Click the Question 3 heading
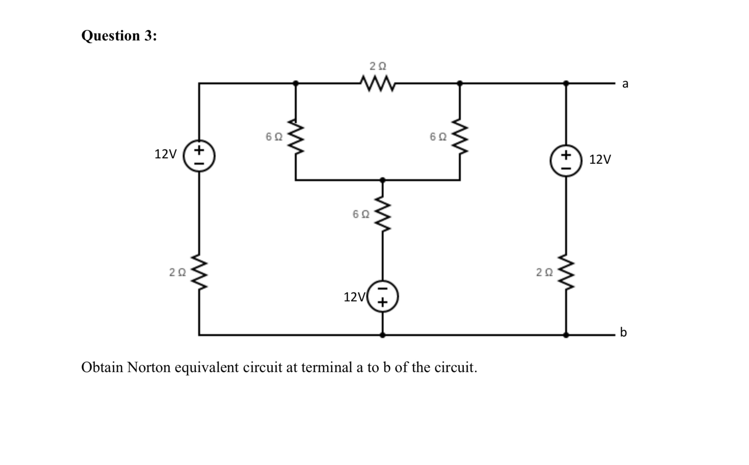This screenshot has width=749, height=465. point(119,36)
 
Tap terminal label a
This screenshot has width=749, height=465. point(625,83)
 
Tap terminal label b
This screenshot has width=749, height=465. point(623,332)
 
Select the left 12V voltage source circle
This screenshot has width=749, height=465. point(199,156)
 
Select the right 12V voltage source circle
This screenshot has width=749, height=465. point(566,161)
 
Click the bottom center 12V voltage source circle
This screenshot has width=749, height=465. point(383,296)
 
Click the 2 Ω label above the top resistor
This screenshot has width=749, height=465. point(378,66)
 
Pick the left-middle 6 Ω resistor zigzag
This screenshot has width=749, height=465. point(295,136)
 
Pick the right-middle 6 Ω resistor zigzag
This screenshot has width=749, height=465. point(459,136)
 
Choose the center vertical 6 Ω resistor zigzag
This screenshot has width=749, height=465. point(383,214)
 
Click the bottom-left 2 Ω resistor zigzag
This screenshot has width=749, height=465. point(199,272)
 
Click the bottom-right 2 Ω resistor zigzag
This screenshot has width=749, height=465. point(566,272)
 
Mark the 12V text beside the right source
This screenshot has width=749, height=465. point(600,159)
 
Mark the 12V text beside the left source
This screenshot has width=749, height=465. point(165,154)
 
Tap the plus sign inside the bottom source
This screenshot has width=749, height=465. point(382,302)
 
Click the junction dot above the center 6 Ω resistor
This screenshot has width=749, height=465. point(383,180)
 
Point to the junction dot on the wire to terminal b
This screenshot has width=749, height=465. point(566,335)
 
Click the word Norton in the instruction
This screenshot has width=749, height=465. point(149,367)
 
